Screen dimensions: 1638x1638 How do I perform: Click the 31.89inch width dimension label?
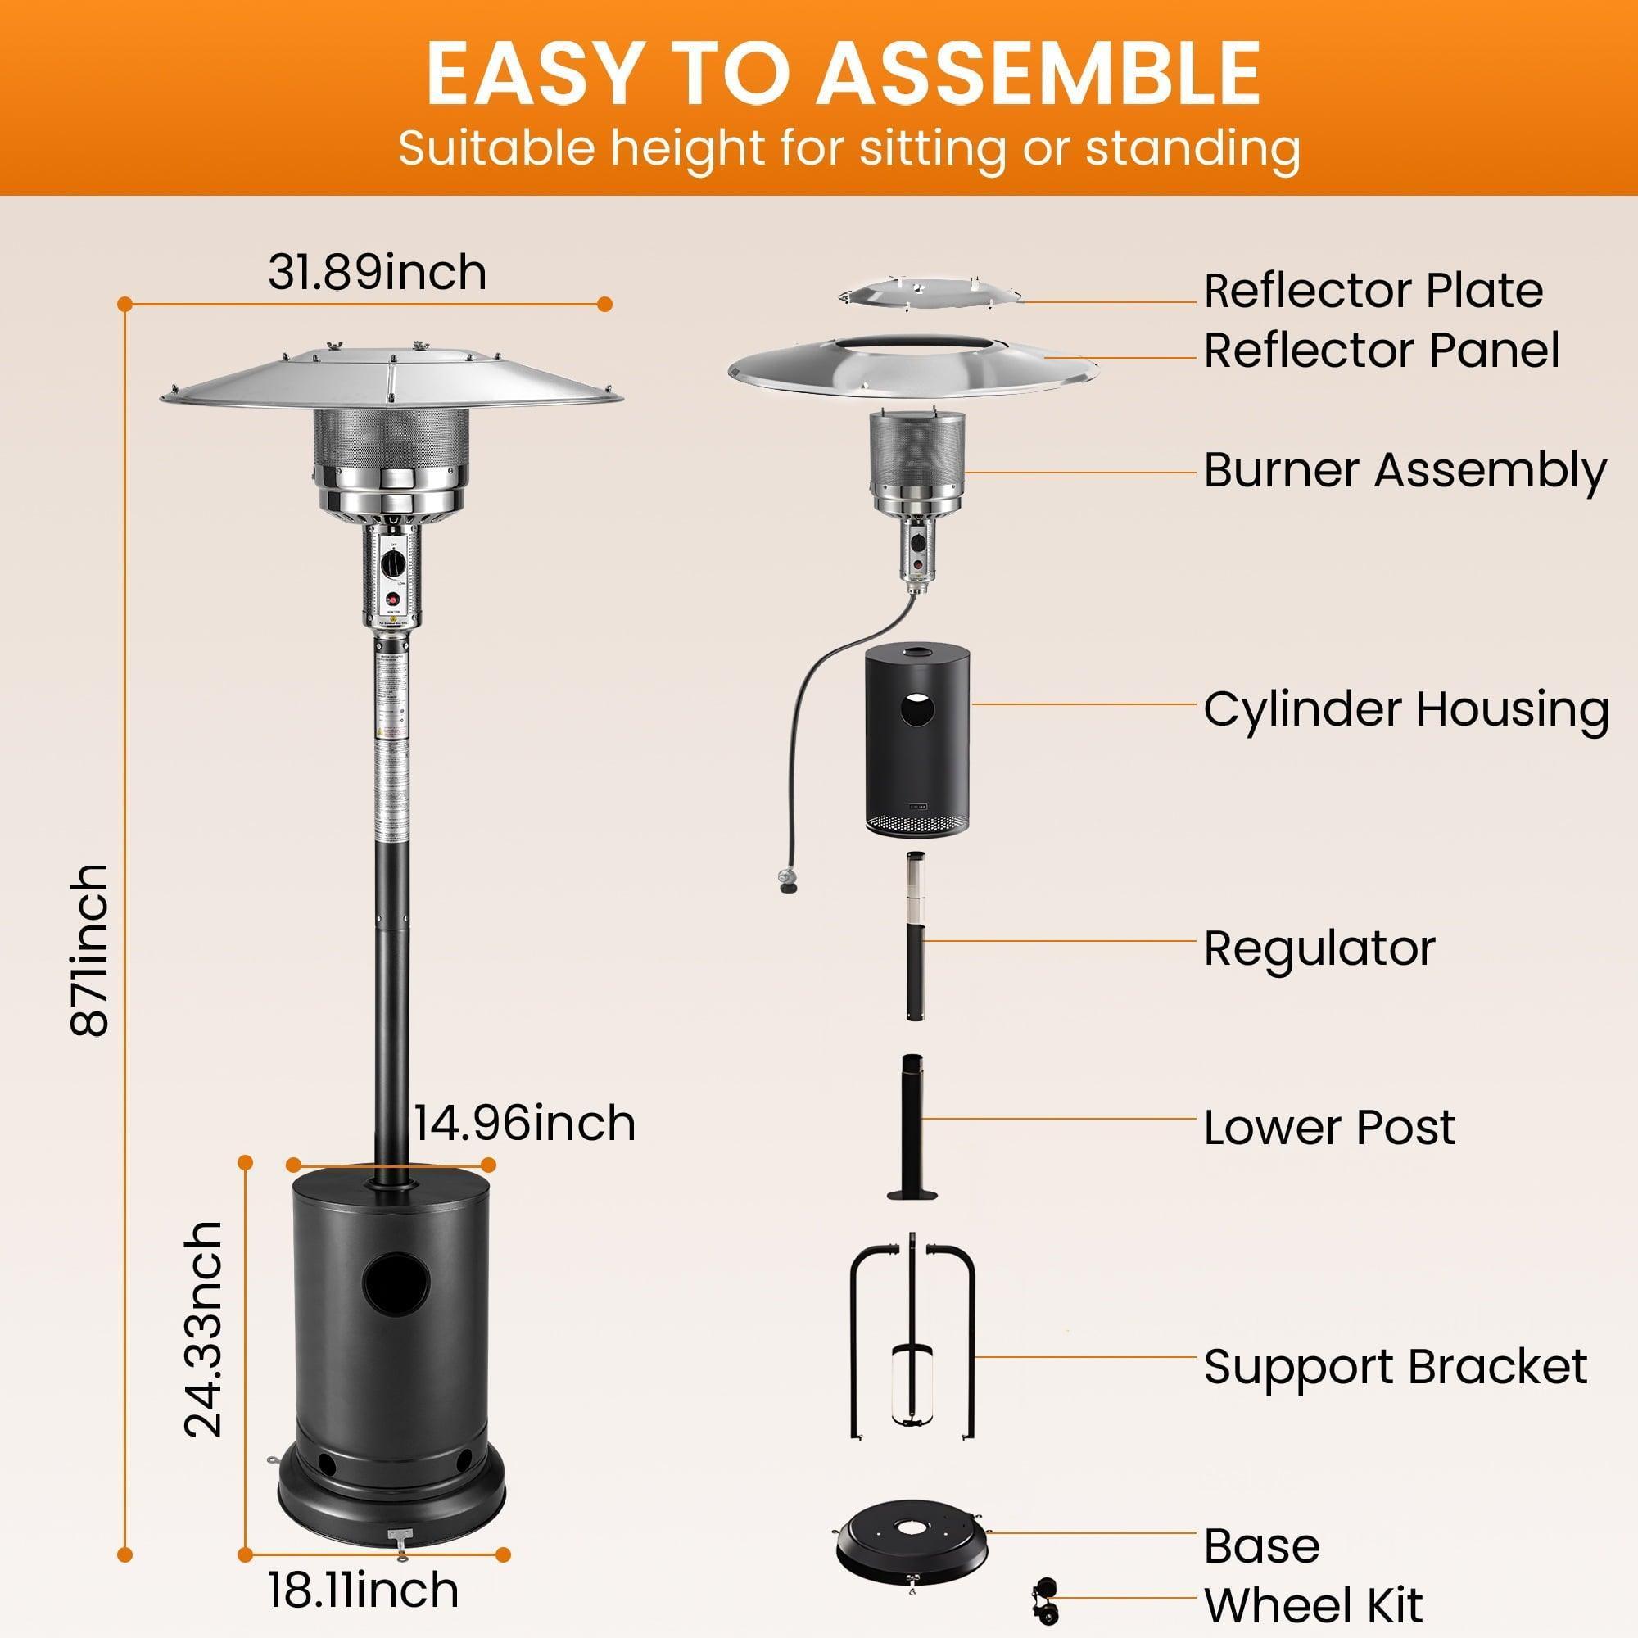coord(378,273)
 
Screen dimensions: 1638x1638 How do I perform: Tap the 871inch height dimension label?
coord(90,950)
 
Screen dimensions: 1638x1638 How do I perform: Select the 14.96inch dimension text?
coord(523,1124)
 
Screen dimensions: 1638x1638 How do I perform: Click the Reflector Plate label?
coord(1373,291)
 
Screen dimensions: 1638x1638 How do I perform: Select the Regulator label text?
coord(1319,948)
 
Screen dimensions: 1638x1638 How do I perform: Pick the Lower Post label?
coord(1328,1128)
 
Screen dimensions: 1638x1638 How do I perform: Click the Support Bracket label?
coord(1395,1367)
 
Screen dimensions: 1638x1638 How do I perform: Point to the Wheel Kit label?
coord(1312,1605)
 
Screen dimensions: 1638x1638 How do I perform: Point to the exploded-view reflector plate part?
coord(930,291)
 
